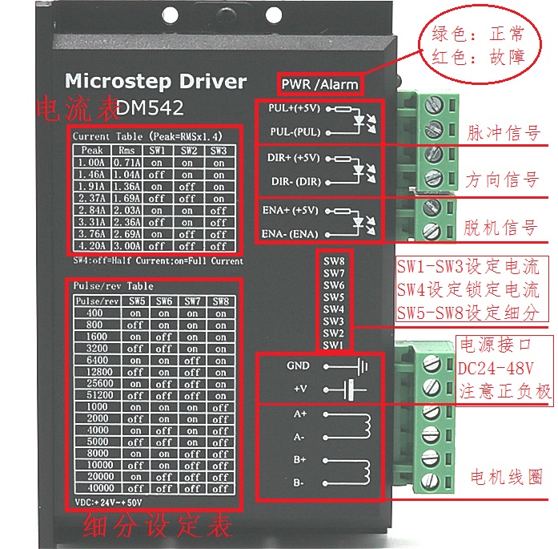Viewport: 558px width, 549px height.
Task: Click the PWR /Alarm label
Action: (319, 83)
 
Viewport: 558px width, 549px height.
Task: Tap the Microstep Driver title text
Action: (155, 81)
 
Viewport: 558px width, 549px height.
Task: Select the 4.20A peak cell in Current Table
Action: (92, 246)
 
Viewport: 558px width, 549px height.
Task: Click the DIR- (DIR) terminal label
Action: (294, 181)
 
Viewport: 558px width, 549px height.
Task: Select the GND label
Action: (297, 365)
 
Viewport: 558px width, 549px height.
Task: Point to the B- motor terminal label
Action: (299, 483)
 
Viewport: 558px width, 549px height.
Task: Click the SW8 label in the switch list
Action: (334, 261)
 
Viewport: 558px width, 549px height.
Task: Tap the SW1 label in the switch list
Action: (334, 345)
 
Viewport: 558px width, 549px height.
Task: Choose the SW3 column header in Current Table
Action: (218, 150)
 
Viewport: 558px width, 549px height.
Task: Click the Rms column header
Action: (126, 150)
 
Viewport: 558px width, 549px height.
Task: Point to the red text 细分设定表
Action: (158, 527)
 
